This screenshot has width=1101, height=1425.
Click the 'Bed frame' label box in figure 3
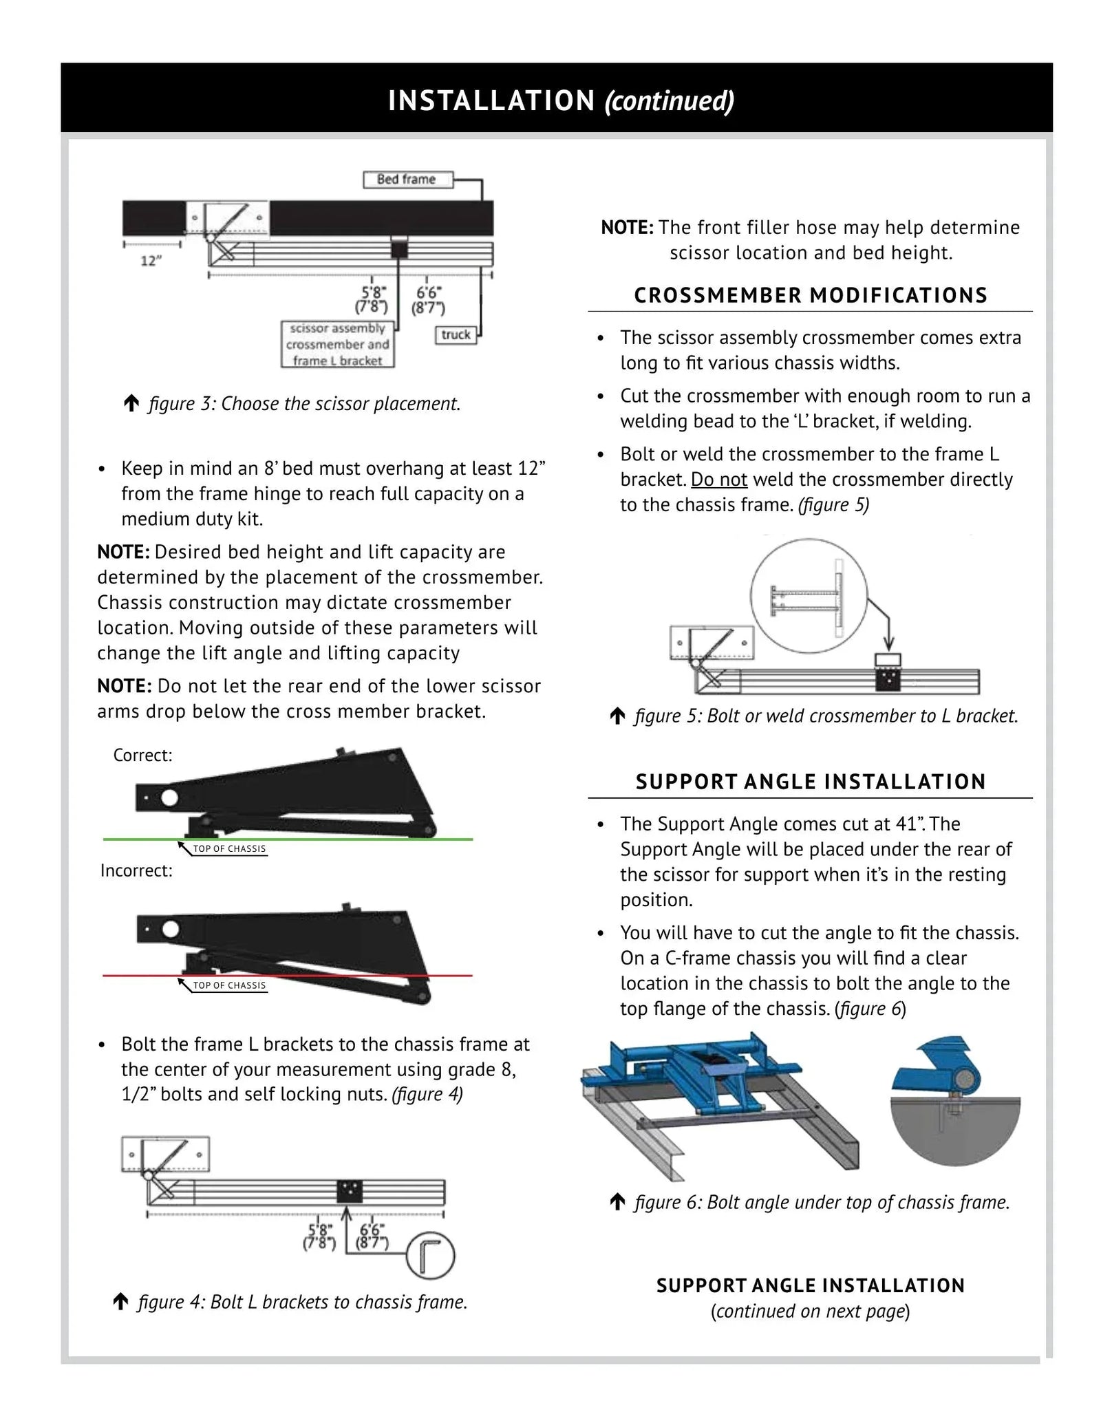(407, 180)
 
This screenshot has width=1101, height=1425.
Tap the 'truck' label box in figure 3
(456, 335)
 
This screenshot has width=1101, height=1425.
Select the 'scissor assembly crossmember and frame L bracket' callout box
(337, 345)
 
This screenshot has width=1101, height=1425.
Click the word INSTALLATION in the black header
(491, 100)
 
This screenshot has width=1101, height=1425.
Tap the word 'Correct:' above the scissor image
(142, 756)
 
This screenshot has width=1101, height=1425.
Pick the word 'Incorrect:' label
(136, 870)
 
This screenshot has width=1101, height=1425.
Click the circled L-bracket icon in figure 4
(430, 1257)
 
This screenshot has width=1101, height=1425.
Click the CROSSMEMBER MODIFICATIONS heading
(810, 296)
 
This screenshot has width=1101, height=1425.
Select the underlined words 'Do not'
(718, 480)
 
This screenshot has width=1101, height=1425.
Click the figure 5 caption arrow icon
(617, 716)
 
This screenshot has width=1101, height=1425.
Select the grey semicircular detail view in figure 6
(955, 1128)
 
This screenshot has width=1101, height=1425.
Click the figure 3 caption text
(303, 404)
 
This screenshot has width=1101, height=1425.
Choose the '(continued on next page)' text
(810, 1311)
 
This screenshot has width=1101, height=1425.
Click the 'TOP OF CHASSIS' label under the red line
(229, 985)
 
